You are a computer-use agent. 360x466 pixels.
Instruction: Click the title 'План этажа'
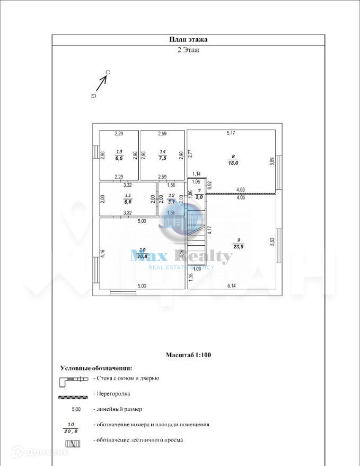coord(188,39)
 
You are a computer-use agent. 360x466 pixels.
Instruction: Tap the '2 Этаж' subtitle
coord(188,50)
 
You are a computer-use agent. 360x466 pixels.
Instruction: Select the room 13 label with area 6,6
coord(119,155)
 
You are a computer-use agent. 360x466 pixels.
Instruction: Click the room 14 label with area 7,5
coord(162,155)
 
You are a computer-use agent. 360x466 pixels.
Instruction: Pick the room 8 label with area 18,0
coord(233,160)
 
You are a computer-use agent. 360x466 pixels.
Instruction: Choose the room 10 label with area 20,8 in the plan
coord(142,253)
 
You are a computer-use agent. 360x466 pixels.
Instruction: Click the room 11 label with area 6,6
coord(127,199)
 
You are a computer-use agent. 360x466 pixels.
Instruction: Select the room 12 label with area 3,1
coord(171,199)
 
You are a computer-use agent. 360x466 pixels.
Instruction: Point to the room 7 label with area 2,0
coord(199,193)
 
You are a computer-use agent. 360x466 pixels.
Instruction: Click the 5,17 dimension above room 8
coord(231,133)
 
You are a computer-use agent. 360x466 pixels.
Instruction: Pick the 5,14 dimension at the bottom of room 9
coord(232,286)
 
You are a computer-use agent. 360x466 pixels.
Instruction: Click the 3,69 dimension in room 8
coord(272,161)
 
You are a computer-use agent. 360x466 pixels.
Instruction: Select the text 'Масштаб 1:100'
coord(189,355)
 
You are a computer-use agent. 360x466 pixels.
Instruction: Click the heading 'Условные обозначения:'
coord(96,368)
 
